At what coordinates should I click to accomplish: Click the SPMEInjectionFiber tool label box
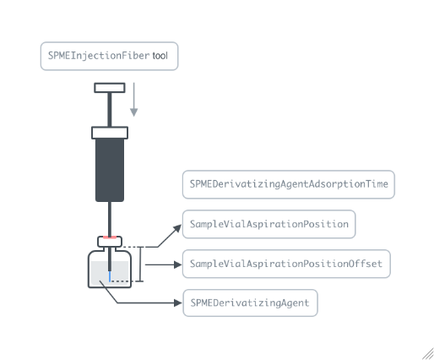109,56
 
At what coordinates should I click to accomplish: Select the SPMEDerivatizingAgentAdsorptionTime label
289,184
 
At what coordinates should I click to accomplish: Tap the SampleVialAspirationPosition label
269,224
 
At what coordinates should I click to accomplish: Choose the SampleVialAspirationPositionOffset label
286,264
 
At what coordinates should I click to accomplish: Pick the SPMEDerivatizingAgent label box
250,303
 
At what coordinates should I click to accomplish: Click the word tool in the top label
160,56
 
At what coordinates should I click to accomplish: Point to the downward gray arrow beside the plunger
134,100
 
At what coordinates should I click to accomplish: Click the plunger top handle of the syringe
110,88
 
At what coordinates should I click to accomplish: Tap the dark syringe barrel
110,170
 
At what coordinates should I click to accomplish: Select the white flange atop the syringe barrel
110,133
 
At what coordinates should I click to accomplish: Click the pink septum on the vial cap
110,237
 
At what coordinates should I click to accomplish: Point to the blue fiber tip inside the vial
110,276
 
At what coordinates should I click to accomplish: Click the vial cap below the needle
110,242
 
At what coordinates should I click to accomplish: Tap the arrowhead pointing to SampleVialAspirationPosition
178,228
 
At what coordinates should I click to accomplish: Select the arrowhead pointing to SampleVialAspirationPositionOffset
178,265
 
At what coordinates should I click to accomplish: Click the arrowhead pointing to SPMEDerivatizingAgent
178,303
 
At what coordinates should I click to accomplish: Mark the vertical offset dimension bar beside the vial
140,264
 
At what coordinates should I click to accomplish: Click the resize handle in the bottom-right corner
428,354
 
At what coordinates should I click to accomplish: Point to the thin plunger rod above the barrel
110,110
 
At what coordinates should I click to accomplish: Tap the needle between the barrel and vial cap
110,219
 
